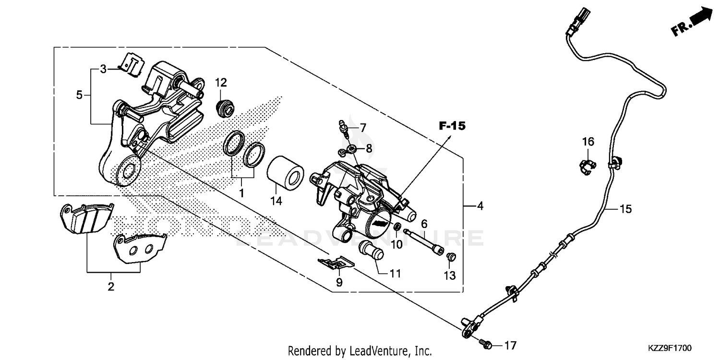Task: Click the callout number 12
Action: (220, 82)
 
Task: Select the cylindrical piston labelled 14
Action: (285, 171)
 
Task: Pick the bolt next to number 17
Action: (485, 343)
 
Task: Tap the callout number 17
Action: (510, 345)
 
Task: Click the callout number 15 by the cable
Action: (625, 209)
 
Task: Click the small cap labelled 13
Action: (451, 257)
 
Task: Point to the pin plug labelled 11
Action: (372, 251)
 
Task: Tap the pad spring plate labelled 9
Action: (336, 263)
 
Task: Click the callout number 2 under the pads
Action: (111, 287)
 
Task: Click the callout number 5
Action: (79, 95)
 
